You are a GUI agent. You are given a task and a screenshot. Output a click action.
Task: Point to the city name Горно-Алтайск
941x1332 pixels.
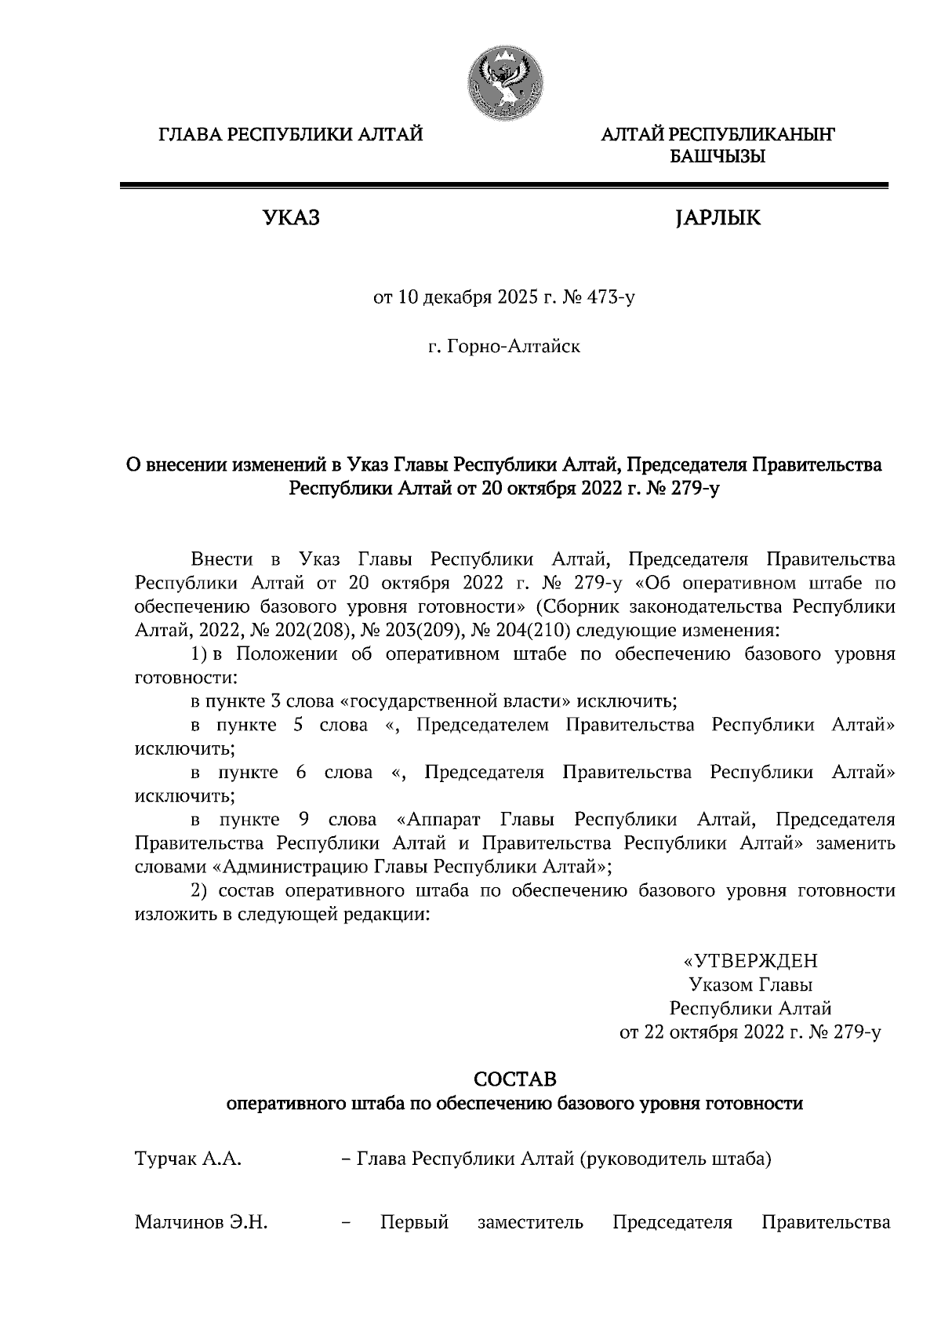[x=513, y=346]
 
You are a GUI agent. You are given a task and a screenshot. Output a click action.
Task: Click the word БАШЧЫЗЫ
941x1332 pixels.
[x=717, y=158]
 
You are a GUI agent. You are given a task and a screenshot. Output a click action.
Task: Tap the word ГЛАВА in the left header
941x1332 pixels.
[x=189, y=135]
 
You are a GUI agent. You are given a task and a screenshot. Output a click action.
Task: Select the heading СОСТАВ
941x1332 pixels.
[x=515, y=1080]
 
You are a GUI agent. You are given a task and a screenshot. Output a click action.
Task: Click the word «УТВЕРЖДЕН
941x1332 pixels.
[x=750, y=961]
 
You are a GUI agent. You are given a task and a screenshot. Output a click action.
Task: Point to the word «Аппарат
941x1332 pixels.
[x=435, y=820]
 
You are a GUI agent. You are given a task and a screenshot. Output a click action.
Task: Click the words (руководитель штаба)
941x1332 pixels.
[x=675, y=1159]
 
